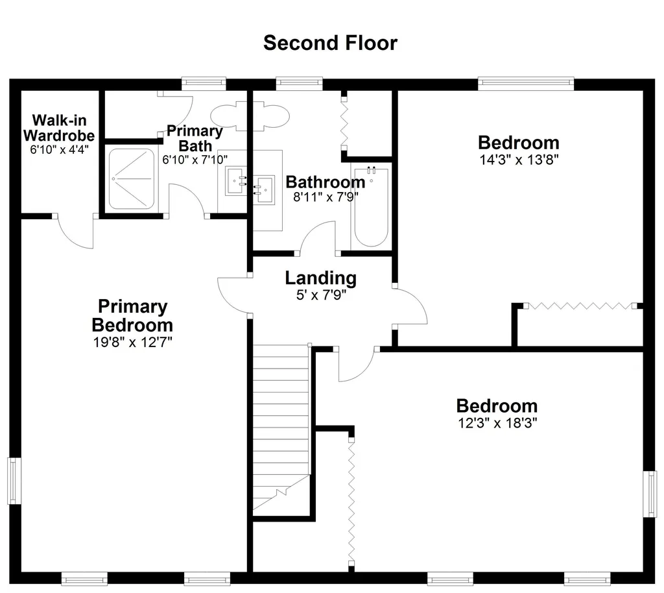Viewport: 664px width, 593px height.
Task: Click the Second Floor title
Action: click(x=330, y=43)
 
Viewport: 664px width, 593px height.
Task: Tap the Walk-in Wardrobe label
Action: click(x=59, y=128)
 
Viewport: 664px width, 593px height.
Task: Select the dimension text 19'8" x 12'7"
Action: click(x=132, y=342)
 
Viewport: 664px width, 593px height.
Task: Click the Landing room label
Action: click(x=320, y=278)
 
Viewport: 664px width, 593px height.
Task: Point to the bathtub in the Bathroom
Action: click(x=371, y=207)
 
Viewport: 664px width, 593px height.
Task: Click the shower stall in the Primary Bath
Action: click(x=131, y=179)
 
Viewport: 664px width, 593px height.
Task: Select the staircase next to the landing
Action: click(x=281, y=430)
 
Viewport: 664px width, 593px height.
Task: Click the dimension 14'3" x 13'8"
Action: click(x=519, y=160)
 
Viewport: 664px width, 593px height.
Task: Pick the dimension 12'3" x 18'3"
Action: click(x=497, y=423)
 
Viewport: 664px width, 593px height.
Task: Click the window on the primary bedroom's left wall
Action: click(x=14, y=481)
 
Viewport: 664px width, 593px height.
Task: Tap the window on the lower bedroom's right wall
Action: click(x=650, y=494)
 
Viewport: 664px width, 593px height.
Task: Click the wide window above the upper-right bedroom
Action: click(x=526, y=84)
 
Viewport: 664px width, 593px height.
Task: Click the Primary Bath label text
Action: click(x=195, y=138)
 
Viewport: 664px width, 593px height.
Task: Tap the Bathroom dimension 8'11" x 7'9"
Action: click(x=326, y=197)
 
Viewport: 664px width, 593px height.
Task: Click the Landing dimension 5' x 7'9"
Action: click(x=321, y=295)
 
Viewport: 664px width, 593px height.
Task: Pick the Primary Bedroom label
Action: click(x=132, y=315)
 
